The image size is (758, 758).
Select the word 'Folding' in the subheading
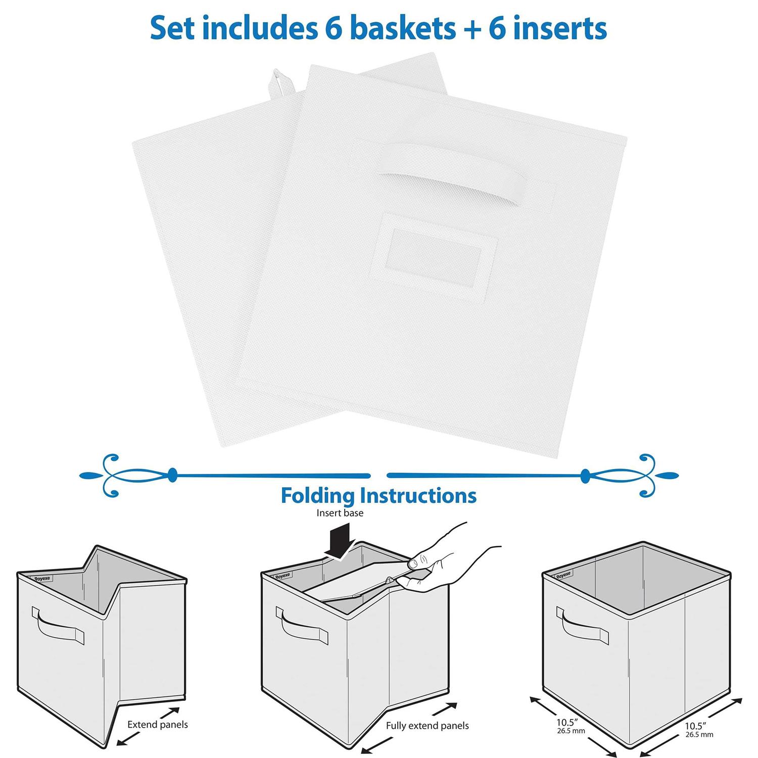(318, 496)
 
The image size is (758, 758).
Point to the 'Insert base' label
(340, 513)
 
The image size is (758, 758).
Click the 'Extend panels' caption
(157, 725)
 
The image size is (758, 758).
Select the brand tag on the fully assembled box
(563, 575)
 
